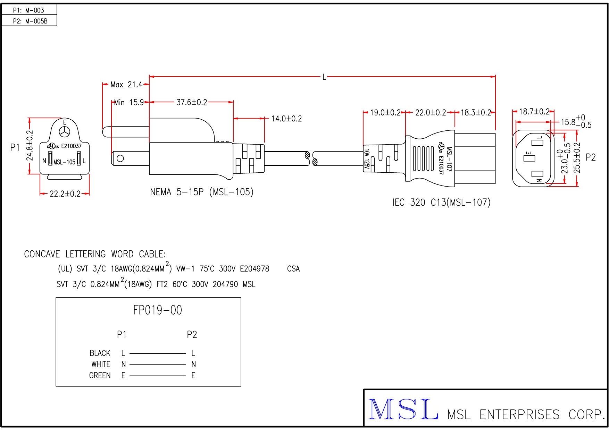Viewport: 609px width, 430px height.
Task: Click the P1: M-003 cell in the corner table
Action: click(29, 10)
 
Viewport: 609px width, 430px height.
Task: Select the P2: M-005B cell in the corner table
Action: click(30, 21)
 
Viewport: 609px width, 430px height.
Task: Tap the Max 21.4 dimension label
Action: click(126, 85)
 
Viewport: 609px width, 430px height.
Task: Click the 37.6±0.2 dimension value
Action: click(192, 102)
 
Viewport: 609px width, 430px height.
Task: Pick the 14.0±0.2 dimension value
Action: click(286, 119)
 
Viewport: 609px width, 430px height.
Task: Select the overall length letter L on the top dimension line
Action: click(324, 77)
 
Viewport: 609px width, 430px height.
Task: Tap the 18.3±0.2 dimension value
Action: click(476, 113)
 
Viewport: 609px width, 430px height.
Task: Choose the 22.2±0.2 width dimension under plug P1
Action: click(65, 194)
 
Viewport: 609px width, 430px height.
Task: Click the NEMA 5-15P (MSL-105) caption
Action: click(202, 192)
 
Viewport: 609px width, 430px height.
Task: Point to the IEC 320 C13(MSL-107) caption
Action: click(441, 203)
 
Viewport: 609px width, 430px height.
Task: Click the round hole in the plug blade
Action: click(120, 158)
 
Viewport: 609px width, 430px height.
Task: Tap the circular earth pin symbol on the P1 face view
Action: click(65, 132)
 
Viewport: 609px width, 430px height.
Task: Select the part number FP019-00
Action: click(157, 310)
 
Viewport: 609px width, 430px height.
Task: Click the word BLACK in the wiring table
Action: click(100, 353)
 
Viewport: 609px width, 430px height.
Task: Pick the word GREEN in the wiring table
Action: click(100, 376)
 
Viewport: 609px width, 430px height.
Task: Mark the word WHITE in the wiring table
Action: click(101, 364)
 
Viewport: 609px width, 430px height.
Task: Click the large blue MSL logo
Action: click(403, 410)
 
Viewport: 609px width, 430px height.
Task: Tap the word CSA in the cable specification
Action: click(293, 269)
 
